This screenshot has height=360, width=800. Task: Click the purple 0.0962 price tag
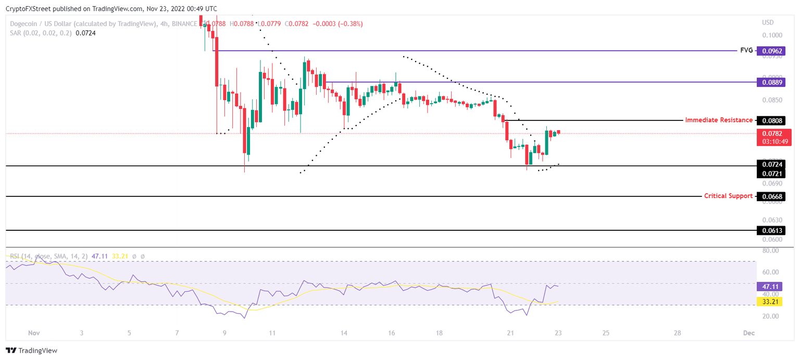770,51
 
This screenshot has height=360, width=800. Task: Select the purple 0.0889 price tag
770,82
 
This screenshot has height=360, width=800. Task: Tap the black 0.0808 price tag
770,120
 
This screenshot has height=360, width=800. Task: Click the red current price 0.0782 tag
770,133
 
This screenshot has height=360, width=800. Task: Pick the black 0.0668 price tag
770,196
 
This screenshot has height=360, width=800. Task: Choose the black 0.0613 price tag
770,230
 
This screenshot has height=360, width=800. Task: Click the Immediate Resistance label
718,120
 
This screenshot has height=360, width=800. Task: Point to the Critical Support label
728,196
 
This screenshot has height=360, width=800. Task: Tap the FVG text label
746,51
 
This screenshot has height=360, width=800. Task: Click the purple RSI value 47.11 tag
770,287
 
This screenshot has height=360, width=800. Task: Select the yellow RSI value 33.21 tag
770,302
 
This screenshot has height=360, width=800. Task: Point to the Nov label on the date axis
34,332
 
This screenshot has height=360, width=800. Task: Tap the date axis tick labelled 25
606,332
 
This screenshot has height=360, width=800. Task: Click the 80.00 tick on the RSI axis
770,251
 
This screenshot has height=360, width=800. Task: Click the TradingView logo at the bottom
32,351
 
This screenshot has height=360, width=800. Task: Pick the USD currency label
768,22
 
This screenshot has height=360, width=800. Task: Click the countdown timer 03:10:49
770,141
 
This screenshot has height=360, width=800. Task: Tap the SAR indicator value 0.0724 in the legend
85,33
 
